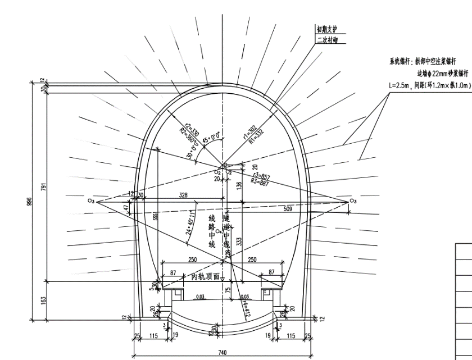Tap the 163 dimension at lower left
coord(43,300)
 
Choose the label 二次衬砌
coord(328,40)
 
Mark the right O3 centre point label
coord(353,201)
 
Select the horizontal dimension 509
coord(288,208)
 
